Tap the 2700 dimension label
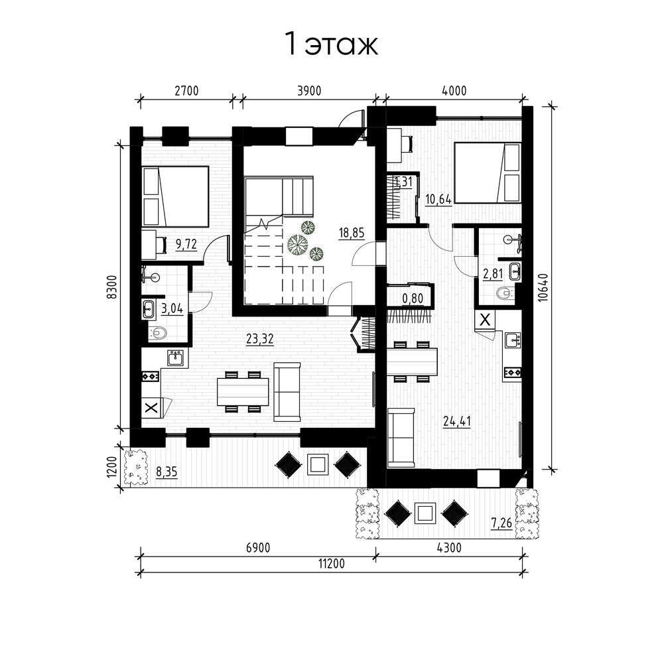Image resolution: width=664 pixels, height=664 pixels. [x=186, y=91]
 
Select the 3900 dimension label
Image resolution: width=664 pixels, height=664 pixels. [x=309, y=91]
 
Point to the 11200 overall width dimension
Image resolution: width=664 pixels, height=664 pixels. [x=332, y=564]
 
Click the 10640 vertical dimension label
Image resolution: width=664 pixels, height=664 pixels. [x=543, y=287]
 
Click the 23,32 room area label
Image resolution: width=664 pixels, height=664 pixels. [x=259, y=339]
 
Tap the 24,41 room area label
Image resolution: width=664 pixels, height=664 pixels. [x=457, y=421]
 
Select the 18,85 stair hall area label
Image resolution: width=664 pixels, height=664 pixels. [x=352, y=233]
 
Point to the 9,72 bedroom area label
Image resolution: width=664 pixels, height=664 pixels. [x=186, y=244]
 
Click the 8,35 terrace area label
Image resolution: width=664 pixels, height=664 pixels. [x=167, y=472]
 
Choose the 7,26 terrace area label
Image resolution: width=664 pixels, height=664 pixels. [x=501, y=523]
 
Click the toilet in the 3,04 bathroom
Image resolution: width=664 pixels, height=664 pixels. [x=157, y=332]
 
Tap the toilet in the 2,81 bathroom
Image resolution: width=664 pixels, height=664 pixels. [x=505, y=293]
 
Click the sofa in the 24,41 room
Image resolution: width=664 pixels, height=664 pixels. [x=401, y=437]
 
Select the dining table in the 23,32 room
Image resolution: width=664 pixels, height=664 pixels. [x=243, y=391]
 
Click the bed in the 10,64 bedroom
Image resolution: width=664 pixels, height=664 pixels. [x=488, y=172]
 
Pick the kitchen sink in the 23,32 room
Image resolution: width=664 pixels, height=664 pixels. [x=175, y=358]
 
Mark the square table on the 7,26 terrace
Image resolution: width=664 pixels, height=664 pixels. [x=425, y=513]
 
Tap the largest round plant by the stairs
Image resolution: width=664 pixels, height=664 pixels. [x=298, y=244]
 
